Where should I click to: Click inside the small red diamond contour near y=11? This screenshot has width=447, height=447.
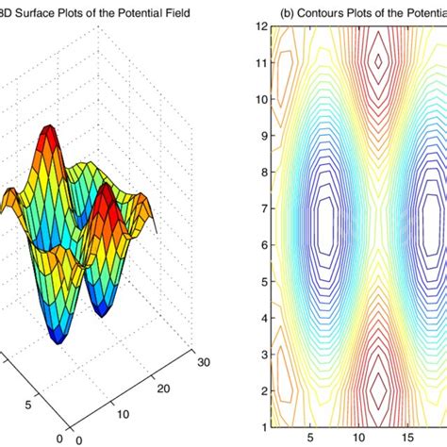[379, 61]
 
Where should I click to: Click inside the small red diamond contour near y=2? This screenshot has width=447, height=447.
[379, 387]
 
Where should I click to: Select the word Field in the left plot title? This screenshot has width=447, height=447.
[175, 12]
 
